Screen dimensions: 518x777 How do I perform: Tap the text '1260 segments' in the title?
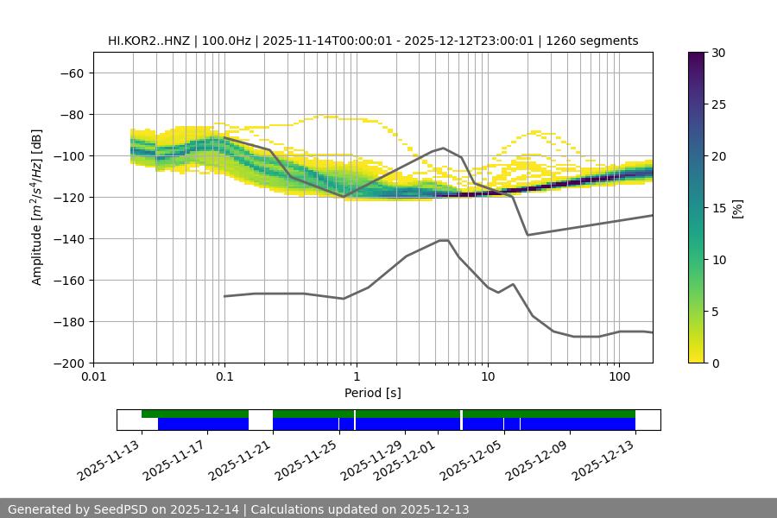[595, 41]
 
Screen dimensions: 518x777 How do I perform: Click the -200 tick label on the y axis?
[68, 363]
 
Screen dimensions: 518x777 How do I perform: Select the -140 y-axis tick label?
[68, 238]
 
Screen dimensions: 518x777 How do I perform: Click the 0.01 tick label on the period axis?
[93, 377]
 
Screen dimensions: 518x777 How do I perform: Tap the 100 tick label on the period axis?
[619, 377]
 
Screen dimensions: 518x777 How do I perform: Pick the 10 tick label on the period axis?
[488, 377]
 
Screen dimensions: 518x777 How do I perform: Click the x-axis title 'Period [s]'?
[373, 393]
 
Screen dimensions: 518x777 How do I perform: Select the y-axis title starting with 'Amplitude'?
[37, 207]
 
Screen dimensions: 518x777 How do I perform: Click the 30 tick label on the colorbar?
[719, 53]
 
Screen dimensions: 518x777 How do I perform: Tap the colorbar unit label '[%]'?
[737, 208]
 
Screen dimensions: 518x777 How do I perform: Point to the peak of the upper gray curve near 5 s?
[444, 148]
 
